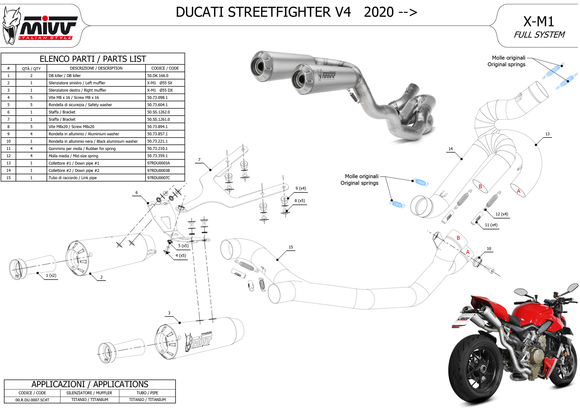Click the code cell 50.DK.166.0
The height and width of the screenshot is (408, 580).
(x=158, y=76)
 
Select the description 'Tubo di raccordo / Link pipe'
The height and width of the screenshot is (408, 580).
(x=72, y=178)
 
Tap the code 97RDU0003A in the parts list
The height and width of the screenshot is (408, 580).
(x=158, y=163)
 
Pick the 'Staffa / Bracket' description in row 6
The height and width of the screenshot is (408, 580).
(x=62, y=112)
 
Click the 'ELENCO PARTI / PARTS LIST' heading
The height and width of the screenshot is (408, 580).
(x=93, y=59)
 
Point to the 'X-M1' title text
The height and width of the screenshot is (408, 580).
(x=538, y=21)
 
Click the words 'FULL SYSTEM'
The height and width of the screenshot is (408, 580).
(x=539, y=35)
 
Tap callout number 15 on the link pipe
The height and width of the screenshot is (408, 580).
(x=291, y=247)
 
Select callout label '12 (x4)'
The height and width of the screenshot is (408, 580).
(x=502, y=214)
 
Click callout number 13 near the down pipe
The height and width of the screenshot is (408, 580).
(x=547, y=134)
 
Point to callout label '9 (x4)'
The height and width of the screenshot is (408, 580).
(x=301, y=188)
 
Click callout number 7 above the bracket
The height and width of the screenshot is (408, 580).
(x=199, y=160)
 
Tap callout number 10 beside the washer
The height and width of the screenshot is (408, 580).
(x=489, y=249)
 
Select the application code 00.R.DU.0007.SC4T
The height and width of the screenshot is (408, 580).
(x=32, y=400)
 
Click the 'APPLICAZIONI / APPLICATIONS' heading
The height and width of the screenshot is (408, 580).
(x=90, y=384)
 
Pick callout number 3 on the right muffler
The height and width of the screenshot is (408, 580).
(x=169, y=313)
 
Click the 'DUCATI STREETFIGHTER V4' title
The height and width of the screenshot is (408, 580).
(x=263, y=12)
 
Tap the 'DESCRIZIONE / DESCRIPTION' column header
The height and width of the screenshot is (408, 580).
(x=96, y=68)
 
